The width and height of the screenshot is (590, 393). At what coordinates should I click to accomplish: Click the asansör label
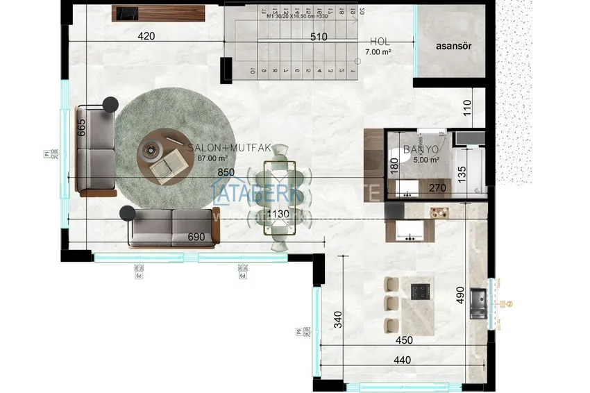[x=454, y=47]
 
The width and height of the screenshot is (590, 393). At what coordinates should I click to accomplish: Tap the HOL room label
[x=380, y=42]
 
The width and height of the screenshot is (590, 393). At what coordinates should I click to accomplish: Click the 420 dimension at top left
[x=145, y=36]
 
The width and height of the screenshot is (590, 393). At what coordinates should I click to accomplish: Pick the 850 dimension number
[x=225, y=172]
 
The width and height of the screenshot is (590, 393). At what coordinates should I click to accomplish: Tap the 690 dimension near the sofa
[x=196, y=237]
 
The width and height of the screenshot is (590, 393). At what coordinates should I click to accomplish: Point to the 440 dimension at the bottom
[x=402, y=360]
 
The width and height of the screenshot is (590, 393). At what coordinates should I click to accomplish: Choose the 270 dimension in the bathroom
[x=437, y=187]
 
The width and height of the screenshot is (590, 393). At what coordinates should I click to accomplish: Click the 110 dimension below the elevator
[x=466, y=108]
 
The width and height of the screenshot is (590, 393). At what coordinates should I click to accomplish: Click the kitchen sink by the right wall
[x=478, y=303]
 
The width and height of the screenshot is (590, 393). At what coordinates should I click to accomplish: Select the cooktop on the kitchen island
[x=421, y=291]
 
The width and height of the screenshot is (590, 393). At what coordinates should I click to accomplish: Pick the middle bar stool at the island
[x=391, y=303]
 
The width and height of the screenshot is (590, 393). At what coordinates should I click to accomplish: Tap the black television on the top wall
[x=126, y=12]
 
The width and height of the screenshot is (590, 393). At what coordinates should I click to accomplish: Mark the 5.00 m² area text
[x=425, y=160]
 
